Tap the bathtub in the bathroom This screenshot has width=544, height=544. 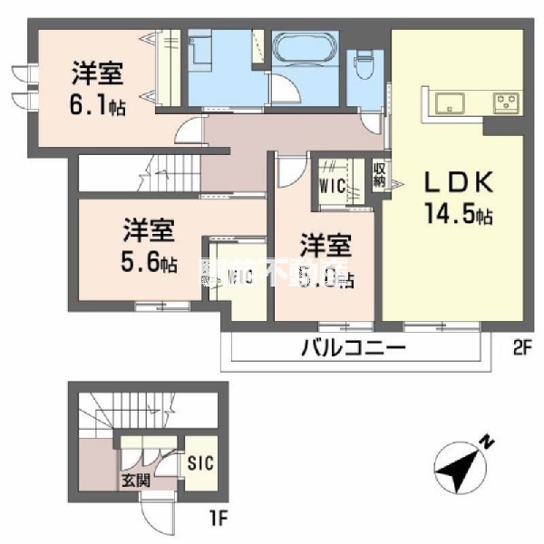(x=305, y=53)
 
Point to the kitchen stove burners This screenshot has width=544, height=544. (x=504, y=102)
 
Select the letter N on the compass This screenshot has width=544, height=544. (x=489, y=443)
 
